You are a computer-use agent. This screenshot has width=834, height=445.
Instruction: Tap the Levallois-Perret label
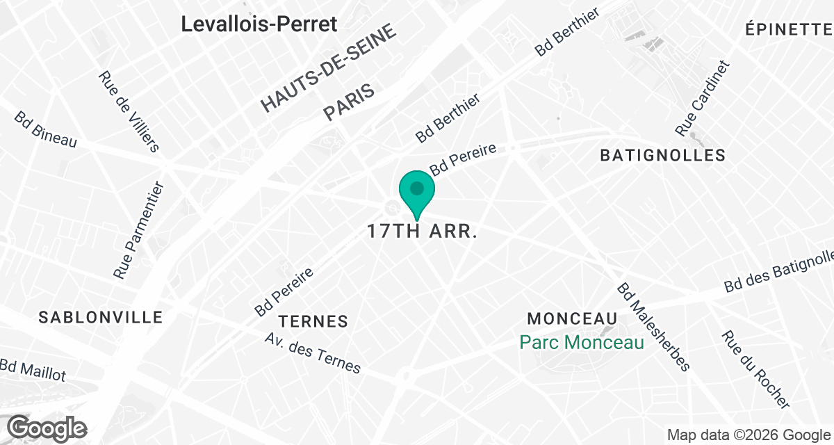pyautogui.click(x=259, y=24)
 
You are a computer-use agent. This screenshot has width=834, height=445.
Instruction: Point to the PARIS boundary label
pyautogui.click(x=350, y=102)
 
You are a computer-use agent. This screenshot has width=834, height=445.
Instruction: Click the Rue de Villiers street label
pyautogui.click(x=129, y=111)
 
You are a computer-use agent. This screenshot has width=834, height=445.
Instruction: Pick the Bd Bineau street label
pyautogui.click(x=45, y=129)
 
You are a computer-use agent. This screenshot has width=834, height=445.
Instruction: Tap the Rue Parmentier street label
pyautogui.click(x=138, y=231)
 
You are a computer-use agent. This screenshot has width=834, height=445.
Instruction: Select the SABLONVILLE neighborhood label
pyautogui.click(x=101, y=318)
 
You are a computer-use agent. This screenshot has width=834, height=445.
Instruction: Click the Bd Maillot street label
pyautogui.click(x=33, y=371)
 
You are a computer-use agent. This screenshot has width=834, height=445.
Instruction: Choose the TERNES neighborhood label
pyautogui.click(x=313, y=321)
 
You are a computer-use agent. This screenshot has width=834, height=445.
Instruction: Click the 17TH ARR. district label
pyautogui.click(x=422, y=232)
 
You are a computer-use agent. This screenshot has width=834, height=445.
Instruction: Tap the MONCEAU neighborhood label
pyautogui.click(x=573, y=319)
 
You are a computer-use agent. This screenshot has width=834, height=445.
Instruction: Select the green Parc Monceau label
pyautogui.click(x=582, y=342)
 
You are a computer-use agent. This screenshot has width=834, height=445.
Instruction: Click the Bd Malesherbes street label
pyautogui.click(x=653, y=327)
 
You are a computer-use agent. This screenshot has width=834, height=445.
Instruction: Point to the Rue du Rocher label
pyautogui.click(x=755, y=369)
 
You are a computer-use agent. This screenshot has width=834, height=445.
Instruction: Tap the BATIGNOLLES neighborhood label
pyautogui.click(x=662, y=156)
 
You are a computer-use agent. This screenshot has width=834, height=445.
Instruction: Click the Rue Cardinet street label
pyautogui.click(x=703, y=99)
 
